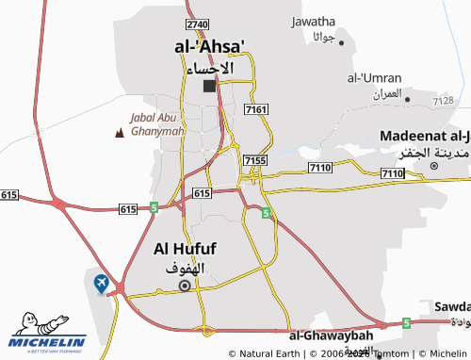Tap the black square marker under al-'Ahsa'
209,87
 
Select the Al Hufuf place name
185,249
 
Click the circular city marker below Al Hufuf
185,285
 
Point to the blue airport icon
101,281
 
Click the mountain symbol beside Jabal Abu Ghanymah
119,133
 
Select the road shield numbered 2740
197,24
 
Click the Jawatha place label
314,21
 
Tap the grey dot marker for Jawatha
342,42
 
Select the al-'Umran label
375,77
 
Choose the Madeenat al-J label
425,137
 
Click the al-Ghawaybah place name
332,335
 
